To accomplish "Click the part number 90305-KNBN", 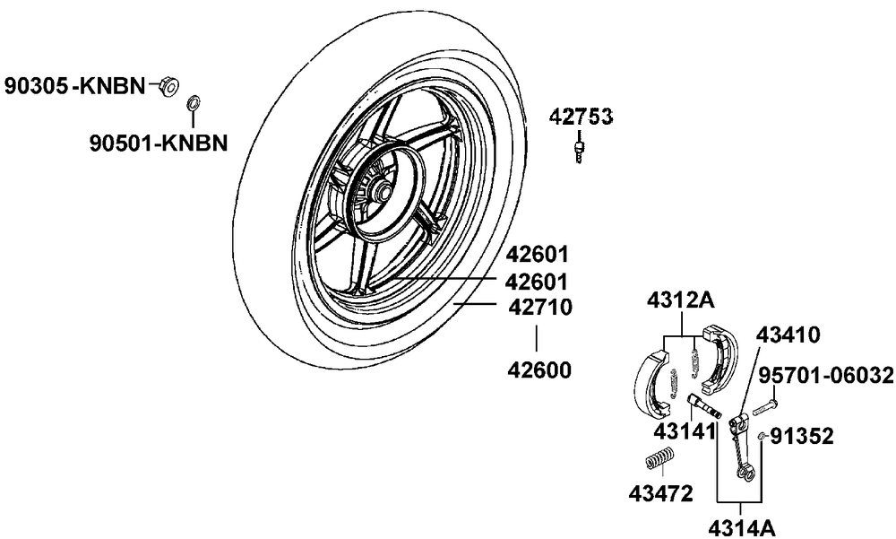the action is pyautogui.click(x=75, y=86).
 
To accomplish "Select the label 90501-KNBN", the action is pyautogui.click(x=159, y=143).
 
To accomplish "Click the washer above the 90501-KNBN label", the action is pyautogui.click(x=194, y=103).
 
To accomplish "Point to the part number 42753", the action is pyautogui.click(x=581, y=117).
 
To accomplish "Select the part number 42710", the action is pyautogui.click(x=540, y=308).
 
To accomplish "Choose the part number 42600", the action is pyautogui.click(x=539, y=370).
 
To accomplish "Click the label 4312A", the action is pyautogui.click(x=680, y=300).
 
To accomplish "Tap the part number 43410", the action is pyautogui.click(x=788, y=335).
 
